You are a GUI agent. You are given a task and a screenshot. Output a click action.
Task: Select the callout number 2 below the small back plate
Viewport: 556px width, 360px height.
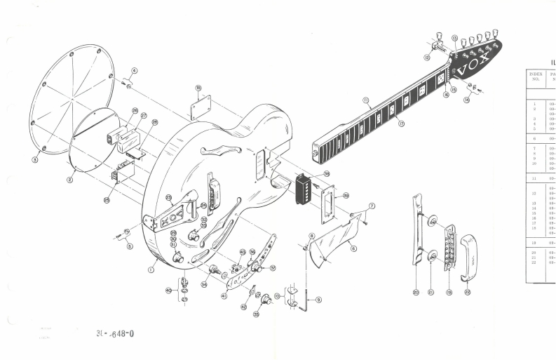[69, 180]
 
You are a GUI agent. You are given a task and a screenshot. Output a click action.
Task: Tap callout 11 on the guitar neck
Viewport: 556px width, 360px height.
[365, 101]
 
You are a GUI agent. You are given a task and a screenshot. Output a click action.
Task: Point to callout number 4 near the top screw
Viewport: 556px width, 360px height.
[135, 71]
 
